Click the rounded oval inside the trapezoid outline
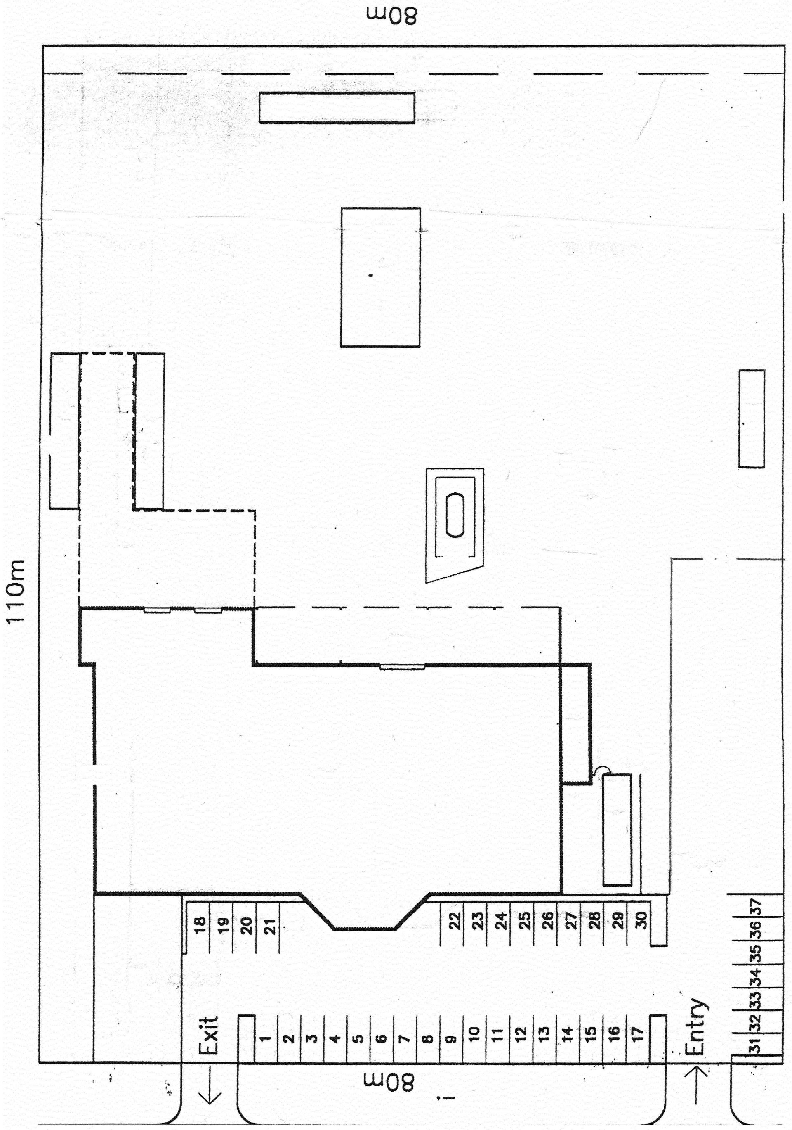[x=455, y=515]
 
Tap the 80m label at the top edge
[x=391, y=16]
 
